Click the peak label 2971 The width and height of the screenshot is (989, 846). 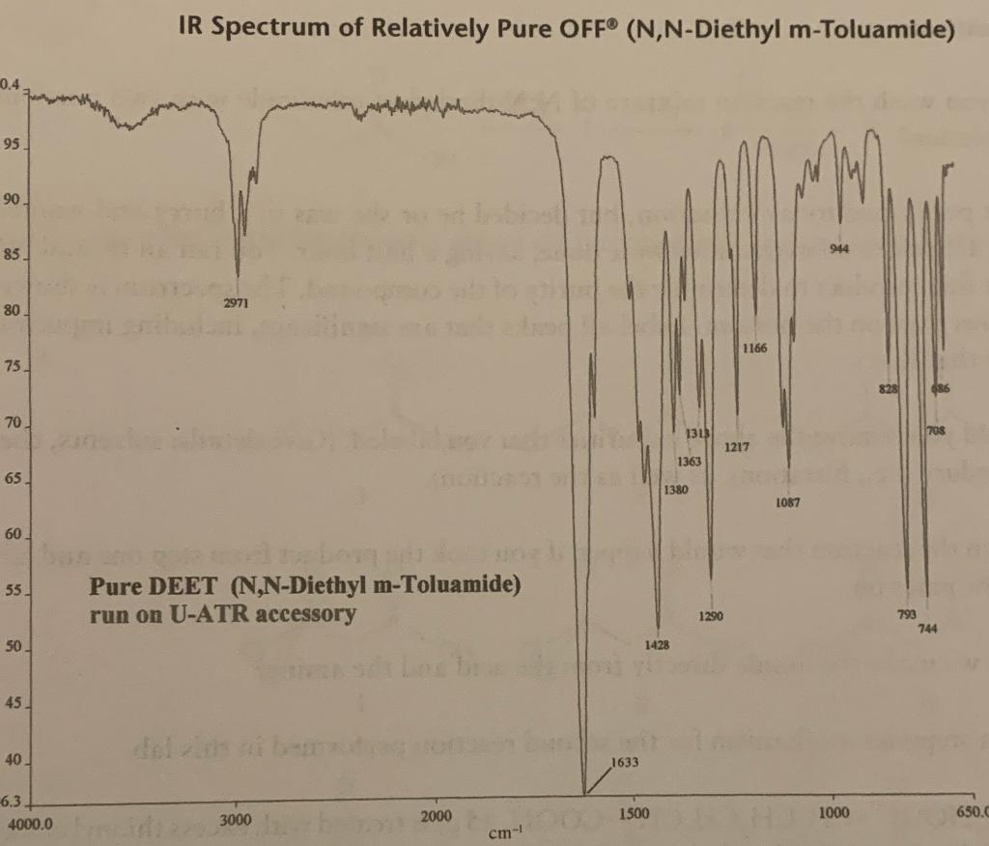[x=237, y=303]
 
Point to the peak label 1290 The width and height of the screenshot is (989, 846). [x=712, y=615]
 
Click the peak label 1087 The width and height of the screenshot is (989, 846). [x=788, y=503]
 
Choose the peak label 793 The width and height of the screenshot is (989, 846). [x=907, y=614]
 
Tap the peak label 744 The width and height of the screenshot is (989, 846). [x=928, y=629]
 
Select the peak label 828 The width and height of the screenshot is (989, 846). [x=889, y=388]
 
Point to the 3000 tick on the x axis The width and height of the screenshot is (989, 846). [x=236, y=820]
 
